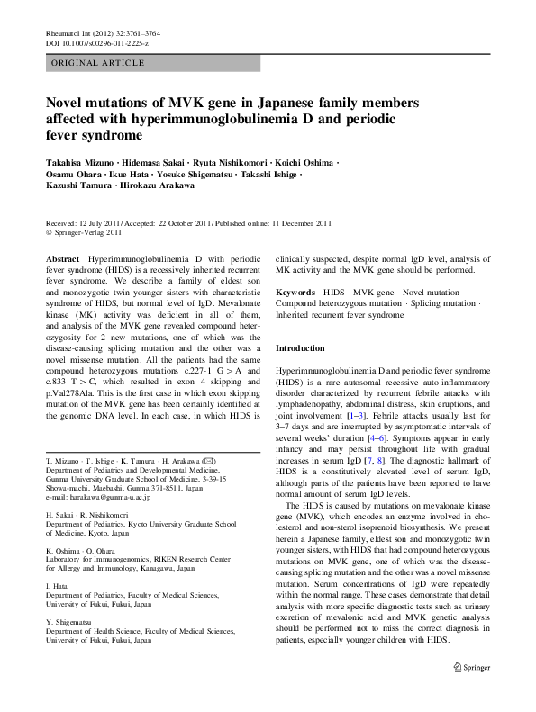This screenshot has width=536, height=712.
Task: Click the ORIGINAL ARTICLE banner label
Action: pos(96,62)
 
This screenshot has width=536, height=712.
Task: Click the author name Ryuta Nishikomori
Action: pos(224,160)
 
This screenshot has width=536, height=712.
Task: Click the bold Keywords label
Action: pos(295,293)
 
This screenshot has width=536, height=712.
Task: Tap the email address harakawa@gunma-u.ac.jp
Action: pos(104,497)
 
